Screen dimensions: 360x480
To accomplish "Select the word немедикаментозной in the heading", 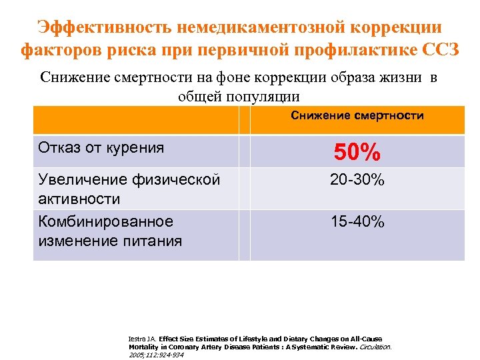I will [x=261, y=28].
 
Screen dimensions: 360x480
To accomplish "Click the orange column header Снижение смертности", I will [x=357, y=116].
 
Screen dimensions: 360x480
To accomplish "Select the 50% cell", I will [x=357, y=153].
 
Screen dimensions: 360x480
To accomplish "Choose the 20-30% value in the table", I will [x=357, y=180].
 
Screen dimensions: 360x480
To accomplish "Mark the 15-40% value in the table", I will [x=357, y=222].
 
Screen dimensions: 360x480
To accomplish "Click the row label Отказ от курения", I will [x=101, y=147].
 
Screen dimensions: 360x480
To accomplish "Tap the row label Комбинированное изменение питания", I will [x=110, y=231].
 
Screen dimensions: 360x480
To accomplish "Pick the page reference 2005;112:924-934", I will [x=156, y=355].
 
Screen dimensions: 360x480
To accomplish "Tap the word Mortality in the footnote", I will [x=143, y=347].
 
